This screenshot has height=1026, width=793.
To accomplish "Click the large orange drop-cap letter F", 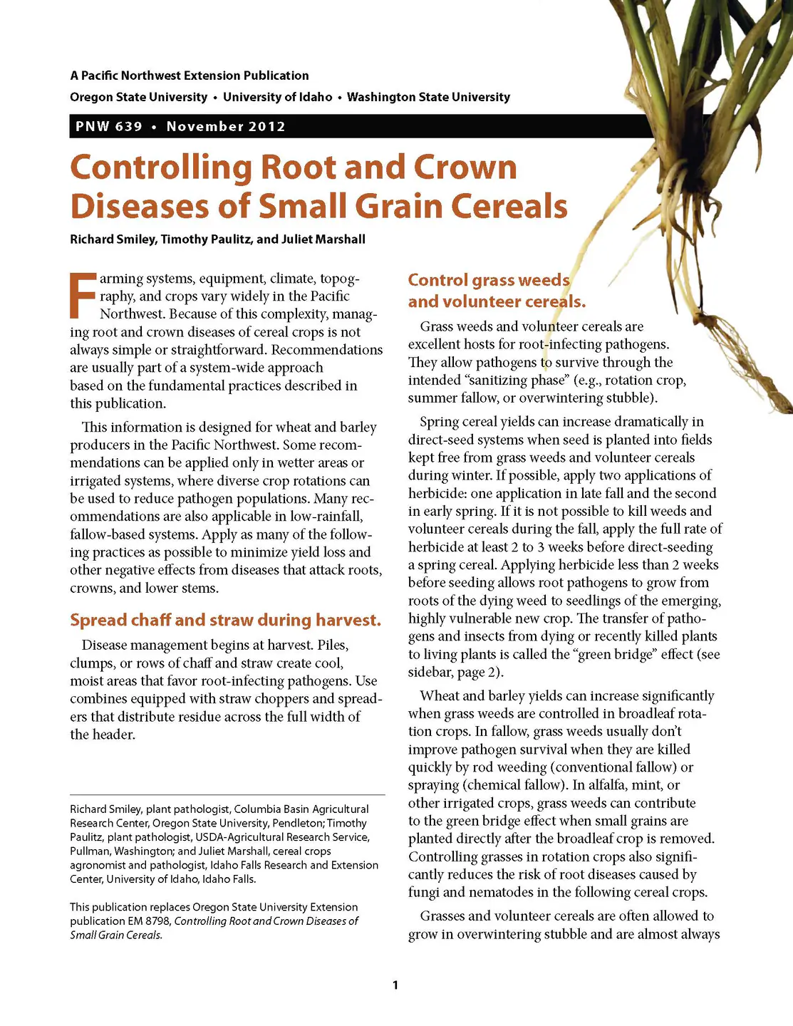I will tap(82, 294).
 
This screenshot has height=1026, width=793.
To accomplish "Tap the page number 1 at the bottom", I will tap(395, 985).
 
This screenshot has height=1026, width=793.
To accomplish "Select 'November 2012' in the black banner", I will tap(226, 127).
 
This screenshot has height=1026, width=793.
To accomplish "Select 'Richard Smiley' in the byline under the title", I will tap(112, 239).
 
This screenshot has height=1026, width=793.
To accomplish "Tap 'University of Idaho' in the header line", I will tap(277, 97).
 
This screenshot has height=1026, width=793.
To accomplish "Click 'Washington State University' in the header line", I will tap(428, 97).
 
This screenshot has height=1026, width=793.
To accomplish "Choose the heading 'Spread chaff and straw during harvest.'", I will tap(225, 620).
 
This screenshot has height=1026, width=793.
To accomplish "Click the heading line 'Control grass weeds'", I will tap(489, 280).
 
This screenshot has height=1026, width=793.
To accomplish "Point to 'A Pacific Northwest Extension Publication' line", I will tap(190, 76).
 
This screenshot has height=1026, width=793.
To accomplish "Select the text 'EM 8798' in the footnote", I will tap(149, 921).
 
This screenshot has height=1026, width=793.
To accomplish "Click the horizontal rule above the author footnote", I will tap(227, 794).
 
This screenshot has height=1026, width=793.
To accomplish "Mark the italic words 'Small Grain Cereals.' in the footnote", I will tap(116, 935).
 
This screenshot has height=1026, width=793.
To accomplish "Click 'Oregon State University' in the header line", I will tap(139, 97).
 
